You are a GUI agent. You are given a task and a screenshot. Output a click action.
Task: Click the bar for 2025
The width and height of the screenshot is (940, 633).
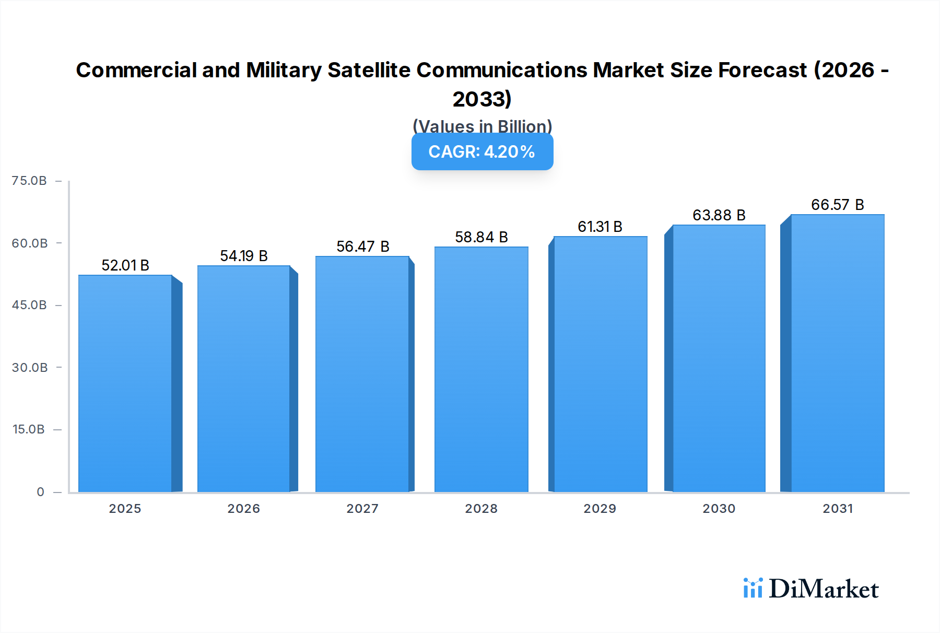[125, 384]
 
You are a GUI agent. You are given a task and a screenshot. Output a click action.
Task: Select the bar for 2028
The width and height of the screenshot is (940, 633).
[481, 370]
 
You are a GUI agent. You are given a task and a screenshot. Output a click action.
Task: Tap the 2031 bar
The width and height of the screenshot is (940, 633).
[837, 354]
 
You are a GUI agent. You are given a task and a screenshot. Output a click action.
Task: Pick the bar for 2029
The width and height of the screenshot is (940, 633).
[600, 365]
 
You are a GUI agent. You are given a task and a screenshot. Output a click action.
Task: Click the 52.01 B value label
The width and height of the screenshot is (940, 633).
[125, 265]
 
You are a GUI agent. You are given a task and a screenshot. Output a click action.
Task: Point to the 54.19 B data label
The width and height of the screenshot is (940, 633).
[244, 256]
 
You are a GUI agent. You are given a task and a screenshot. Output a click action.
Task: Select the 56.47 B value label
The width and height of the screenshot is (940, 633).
[363, 247]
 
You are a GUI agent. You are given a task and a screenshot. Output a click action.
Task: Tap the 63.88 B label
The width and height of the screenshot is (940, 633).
[719, 215]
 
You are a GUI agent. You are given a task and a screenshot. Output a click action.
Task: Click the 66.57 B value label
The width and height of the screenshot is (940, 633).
[838, 205]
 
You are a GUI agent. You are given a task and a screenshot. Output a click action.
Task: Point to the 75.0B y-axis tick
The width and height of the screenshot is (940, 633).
[29, 181]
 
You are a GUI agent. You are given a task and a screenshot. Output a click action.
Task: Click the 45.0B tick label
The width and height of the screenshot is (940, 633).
[29, 305]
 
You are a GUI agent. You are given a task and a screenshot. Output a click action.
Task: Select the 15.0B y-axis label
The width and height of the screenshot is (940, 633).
[29, 429]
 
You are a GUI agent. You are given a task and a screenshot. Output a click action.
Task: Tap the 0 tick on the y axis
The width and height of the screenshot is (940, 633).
[40, 492]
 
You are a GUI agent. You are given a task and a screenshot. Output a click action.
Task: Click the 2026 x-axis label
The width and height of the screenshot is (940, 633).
[244, 509]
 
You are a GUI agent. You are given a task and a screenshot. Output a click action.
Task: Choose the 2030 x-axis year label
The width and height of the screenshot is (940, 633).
[719, 509]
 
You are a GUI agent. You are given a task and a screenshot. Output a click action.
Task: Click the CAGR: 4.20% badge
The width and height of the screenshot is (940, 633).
[482, 151]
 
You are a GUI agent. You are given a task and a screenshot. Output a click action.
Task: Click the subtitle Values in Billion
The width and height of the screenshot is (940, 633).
[482, 126]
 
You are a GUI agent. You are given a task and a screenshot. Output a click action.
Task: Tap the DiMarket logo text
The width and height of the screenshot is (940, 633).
[824, 589]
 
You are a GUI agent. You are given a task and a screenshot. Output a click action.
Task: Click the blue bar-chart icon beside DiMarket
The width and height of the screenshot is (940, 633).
[753, 588]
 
